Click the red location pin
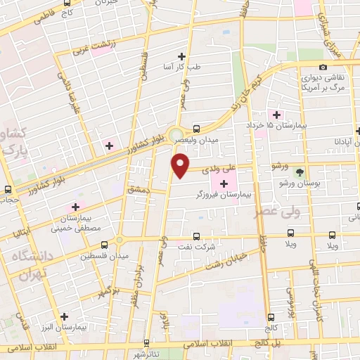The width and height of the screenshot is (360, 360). pos(181,166)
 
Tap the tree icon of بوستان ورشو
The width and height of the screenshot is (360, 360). pos(300,172)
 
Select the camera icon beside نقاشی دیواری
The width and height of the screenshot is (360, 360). pos(323,67)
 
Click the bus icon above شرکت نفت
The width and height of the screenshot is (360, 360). pos(195,236)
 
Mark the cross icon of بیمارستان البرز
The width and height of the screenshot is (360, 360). pos(65,316)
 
